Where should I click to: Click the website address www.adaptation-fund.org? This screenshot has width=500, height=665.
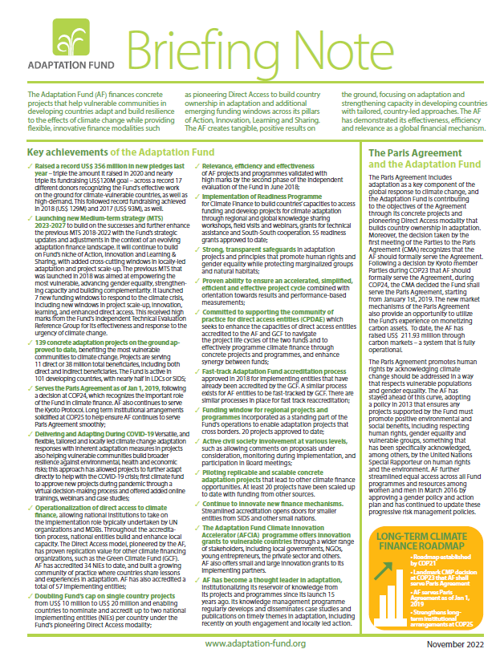(x=255, y=643)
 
